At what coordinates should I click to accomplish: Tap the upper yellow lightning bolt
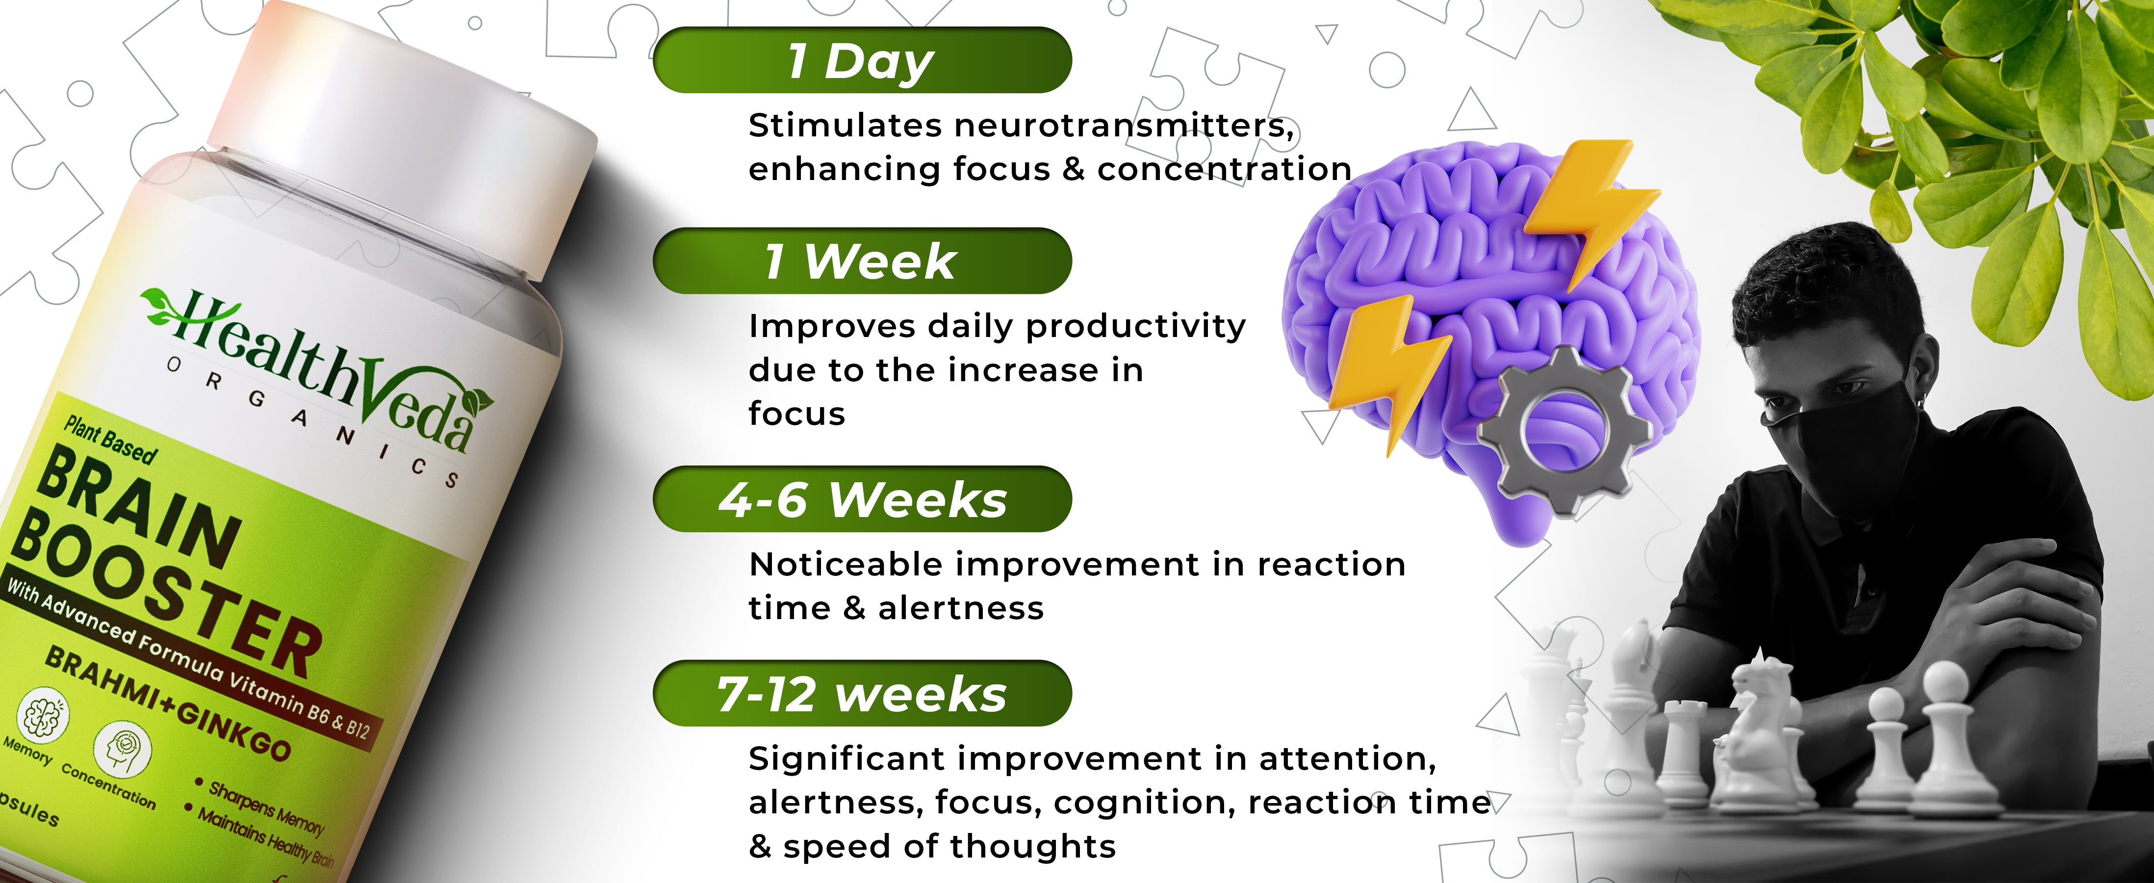(x=1588, y=209)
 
